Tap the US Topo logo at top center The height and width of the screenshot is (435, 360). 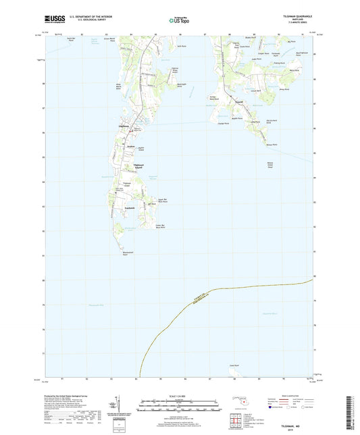tap(180, 20)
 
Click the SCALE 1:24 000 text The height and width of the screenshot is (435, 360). tap(180, 395)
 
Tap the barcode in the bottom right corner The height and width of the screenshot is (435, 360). tap(351, 413)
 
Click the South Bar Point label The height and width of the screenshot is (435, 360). tap(70, 41)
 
